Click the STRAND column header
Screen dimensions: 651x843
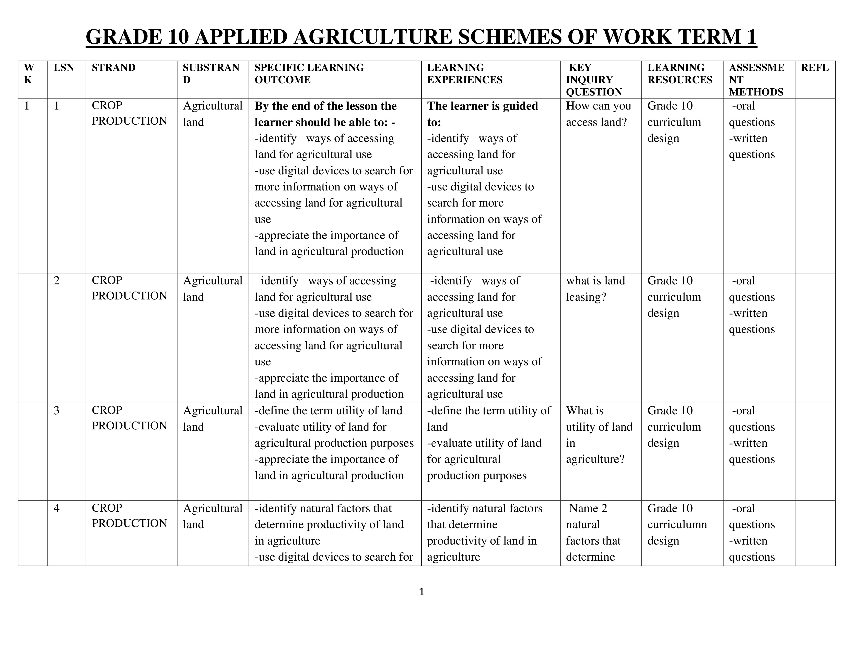pos(113,68)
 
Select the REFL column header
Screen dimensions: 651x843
pos(814,68)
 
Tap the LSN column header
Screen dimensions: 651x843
pos(64,68)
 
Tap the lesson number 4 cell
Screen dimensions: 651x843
pos(57,508)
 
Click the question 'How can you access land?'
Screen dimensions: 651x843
pos(598,114)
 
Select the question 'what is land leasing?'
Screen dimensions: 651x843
pos(595,288)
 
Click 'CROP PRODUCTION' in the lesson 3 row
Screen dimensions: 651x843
pos(129,418)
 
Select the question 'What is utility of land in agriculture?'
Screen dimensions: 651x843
pos(599,435)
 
